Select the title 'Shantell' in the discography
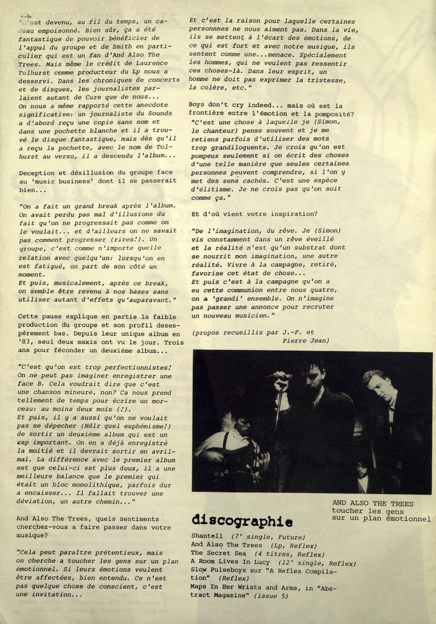[207, 536]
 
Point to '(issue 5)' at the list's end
[271, 596]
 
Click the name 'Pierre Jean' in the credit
[305, 341]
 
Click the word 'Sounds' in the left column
[160, 113]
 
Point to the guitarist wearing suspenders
[235, 435]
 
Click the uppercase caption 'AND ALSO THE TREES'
[373, 504]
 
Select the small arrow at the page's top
[26, 16]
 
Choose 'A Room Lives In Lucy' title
[230, 562]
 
